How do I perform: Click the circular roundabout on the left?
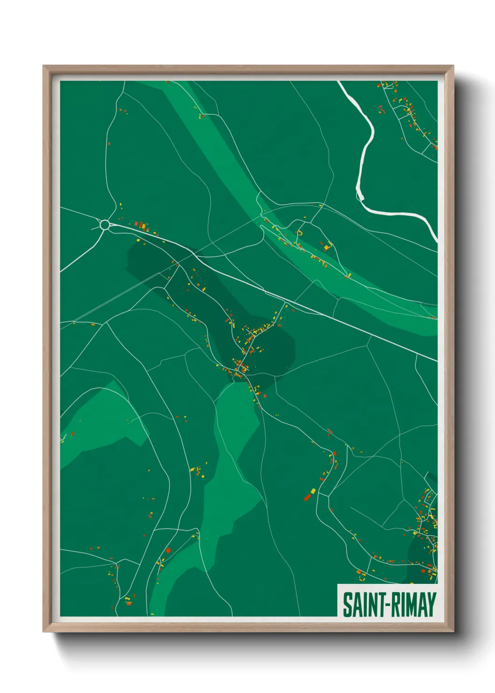coord(105,225)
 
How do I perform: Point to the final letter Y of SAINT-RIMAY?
coord(431,605)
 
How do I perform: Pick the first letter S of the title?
coord(347,605)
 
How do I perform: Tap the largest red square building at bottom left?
coord(168,550)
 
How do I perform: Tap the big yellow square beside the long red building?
coord(313,491)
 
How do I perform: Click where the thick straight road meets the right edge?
coord(436,360)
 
